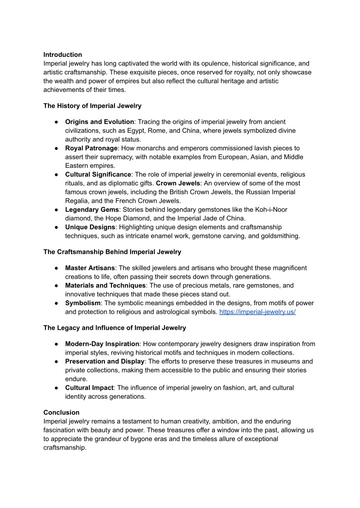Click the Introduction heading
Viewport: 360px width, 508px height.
(62, 54)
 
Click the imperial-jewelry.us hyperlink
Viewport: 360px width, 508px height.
(257, 312)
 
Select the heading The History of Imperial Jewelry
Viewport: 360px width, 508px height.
(92, 105)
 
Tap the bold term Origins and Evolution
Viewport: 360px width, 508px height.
(99, 122)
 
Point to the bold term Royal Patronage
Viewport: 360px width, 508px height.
(91, 148)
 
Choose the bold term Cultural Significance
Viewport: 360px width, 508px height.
(98, 174)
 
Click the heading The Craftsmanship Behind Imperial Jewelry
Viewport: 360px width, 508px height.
(112, 252)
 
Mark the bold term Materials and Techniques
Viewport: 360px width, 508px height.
(104, 286)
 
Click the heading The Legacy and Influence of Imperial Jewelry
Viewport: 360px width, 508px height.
(114, 328)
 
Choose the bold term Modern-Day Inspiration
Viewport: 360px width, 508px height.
(102, 344)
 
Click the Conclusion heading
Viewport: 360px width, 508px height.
(61, 413)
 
